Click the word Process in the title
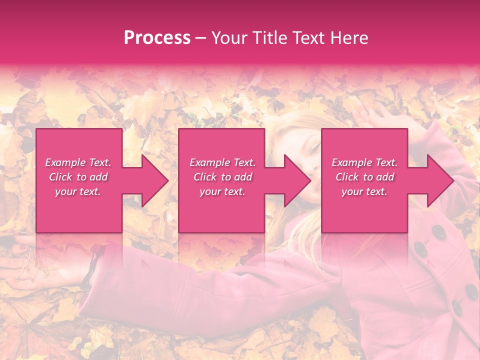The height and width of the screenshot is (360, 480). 157,38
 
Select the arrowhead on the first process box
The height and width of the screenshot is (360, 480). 149,180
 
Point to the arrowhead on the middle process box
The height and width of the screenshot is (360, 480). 292,180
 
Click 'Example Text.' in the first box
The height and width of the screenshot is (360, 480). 78,162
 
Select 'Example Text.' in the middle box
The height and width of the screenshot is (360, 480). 222,162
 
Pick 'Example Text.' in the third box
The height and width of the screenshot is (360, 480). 364,162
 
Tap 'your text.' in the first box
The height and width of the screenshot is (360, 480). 78,191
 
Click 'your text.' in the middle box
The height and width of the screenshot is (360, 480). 222,191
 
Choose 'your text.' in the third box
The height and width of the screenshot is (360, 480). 364,191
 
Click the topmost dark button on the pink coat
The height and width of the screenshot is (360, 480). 438,232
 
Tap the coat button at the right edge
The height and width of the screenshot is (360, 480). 471,291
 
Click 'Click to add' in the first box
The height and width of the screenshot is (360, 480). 78,177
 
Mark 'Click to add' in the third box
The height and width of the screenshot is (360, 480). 364,177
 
